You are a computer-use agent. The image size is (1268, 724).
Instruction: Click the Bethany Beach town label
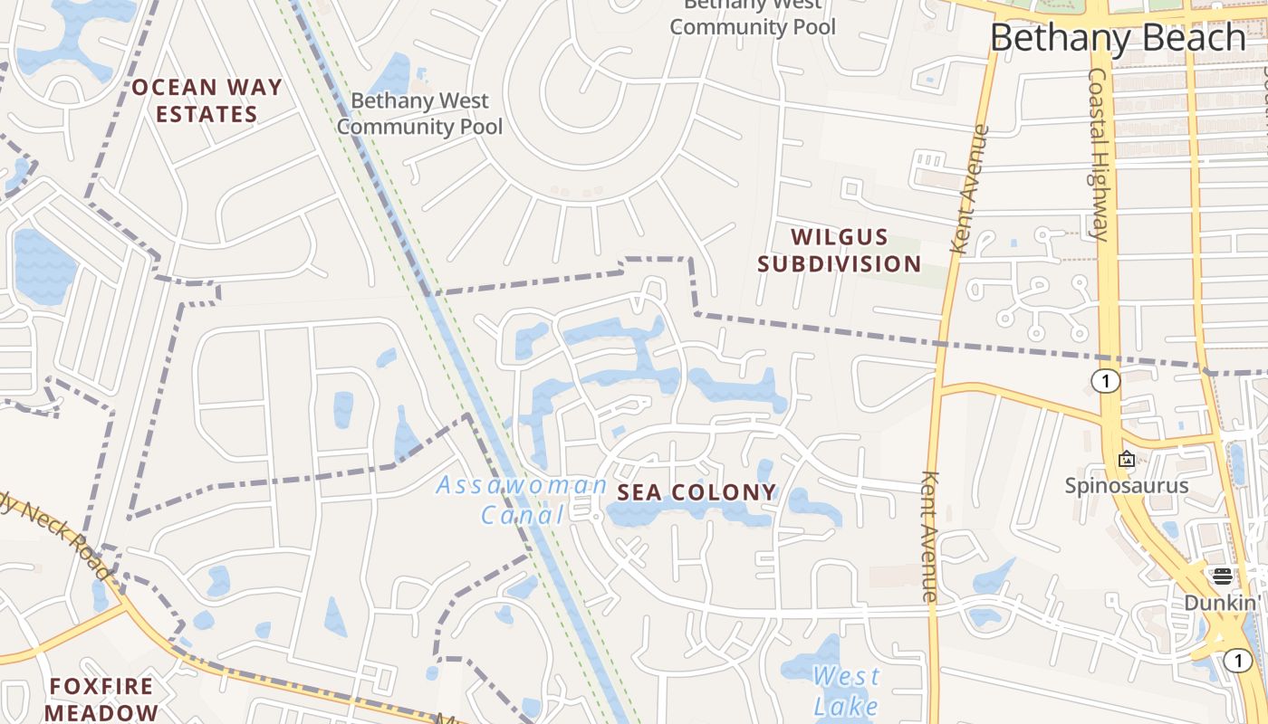click(1118, 38)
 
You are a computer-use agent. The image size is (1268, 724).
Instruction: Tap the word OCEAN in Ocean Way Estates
click(175, 88)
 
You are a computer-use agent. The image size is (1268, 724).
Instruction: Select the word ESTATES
click(207, 115)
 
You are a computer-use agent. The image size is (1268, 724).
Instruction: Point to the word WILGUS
click(840, 237)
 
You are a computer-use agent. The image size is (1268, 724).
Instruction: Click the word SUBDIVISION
click(840, 264)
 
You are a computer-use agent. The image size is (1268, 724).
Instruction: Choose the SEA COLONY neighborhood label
click(696, 492)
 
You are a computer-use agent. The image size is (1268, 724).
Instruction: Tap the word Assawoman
click(522, 485)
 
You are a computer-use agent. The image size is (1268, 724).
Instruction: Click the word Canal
click(523, 515)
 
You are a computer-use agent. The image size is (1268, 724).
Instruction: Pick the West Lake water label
click(846, 691)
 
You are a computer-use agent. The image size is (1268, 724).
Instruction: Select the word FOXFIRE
click(101, 686)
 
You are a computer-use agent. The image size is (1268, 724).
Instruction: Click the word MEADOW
click(101, 712)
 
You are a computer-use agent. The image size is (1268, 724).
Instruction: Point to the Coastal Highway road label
click(1099, 154)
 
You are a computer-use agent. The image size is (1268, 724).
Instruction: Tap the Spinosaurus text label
click(1126, 485)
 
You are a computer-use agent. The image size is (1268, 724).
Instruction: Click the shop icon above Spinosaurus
click(1126, 459)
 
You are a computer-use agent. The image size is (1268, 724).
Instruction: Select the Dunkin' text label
click(1222, 603)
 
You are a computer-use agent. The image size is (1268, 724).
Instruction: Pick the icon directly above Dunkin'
click(1222, 576)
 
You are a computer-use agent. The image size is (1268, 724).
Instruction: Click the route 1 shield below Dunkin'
click(1238, 661)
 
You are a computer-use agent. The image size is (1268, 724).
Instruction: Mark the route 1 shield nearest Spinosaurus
click(1105, 381)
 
